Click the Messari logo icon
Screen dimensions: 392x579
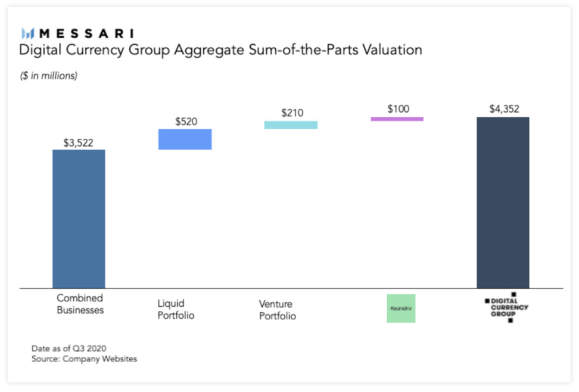[x=27, y=33]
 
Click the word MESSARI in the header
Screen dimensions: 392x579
[x=86, y=33]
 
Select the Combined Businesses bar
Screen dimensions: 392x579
[x=79, y=219]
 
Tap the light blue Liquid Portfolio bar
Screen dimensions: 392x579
[x=185, y=139]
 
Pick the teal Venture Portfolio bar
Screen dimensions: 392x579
[x=291, y=125]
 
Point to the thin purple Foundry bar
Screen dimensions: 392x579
[x=397, y=119]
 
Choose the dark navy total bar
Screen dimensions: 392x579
[x=503, y=203]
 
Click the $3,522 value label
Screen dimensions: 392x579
[x=79, y=142]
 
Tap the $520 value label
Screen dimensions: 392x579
[x=186, y=122]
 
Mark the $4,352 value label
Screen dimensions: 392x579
[x=503, y=109]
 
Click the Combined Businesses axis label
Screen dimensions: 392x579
[x=80, y=304]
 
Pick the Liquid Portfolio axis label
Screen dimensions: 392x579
[x=176, y=309]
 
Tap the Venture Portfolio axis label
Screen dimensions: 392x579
[x=278, y=310]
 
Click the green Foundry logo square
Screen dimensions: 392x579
[x=401, y=308]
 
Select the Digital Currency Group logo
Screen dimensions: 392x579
[x=506, y=307]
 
